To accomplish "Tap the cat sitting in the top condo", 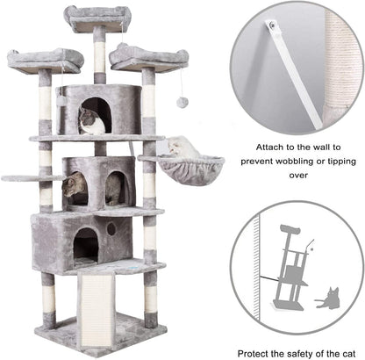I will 91,121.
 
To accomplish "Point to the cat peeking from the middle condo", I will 76,185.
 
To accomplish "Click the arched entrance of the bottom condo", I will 86,245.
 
